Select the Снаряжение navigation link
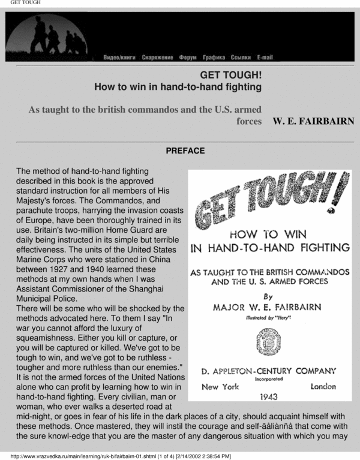point(158,58)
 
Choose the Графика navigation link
point(214,58)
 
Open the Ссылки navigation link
point(241,58)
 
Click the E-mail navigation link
point(265,58)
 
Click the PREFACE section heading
point(185,151)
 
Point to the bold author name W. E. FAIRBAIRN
point(313,121)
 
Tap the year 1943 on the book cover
point(269,396)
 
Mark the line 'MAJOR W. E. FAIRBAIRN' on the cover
point(267,307)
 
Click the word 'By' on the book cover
point(268,296)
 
